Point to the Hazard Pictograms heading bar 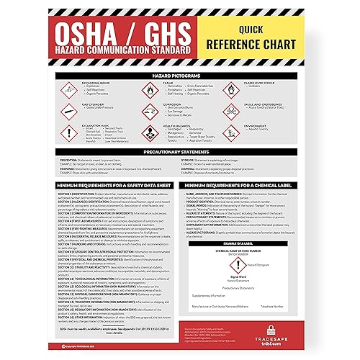tap(180, 75)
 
